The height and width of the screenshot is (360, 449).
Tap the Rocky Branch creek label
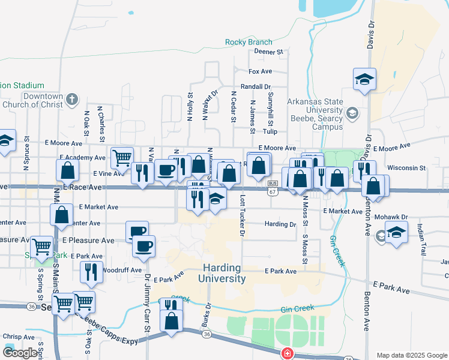click(249, 42)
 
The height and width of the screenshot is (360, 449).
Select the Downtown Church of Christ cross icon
click(71, 99)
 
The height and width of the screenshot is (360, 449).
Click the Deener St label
click(268, 52)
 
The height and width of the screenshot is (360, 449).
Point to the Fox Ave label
click(261, 71)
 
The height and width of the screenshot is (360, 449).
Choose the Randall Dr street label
click(256, 86)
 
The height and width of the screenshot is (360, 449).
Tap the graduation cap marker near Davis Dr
click(364, 80)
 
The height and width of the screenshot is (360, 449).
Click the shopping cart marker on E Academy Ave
click(122, 158)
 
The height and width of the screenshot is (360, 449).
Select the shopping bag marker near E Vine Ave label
click(68, 170)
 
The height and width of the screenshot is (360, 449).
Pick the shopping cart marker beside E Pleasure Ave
click(41, 247)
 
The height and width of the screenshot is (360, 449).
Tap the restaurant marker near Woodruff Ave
click(91, 272)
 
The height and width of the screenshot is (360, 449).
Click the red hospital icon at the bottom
click(288, 353)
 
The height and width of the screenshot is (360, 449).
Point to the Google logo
click(20, 353)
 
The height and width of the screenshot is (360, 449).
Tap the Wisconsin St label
click(406, 168)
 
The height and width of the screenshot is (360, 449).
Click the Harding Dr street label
click(280, 224)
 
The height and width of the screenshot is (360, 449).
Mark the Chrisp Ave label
click(17, 337)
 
